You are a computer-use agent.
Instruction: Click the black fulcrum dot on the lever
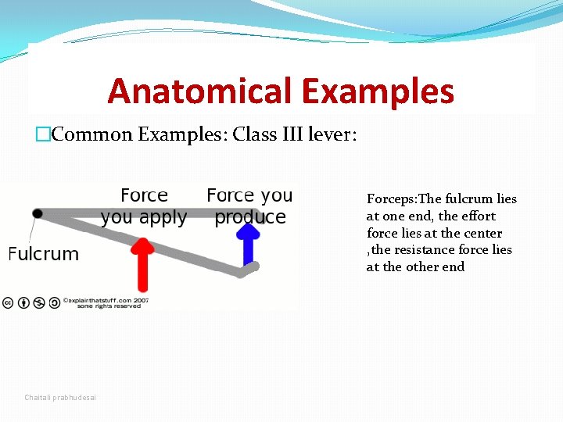(x=37, y=213)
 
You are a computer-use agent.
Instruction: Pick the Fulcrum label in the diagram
(x=44, y=254)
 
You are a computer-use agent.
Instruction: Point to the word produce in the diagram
(x=250, y=217)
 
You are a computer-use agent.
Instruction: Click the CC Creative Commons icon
(x=7, y=302)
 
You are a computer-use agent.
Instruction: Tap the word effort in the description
(x=477, y=216)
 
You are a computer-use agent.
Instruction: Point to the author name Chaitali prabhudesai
(x=60, y=398)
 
